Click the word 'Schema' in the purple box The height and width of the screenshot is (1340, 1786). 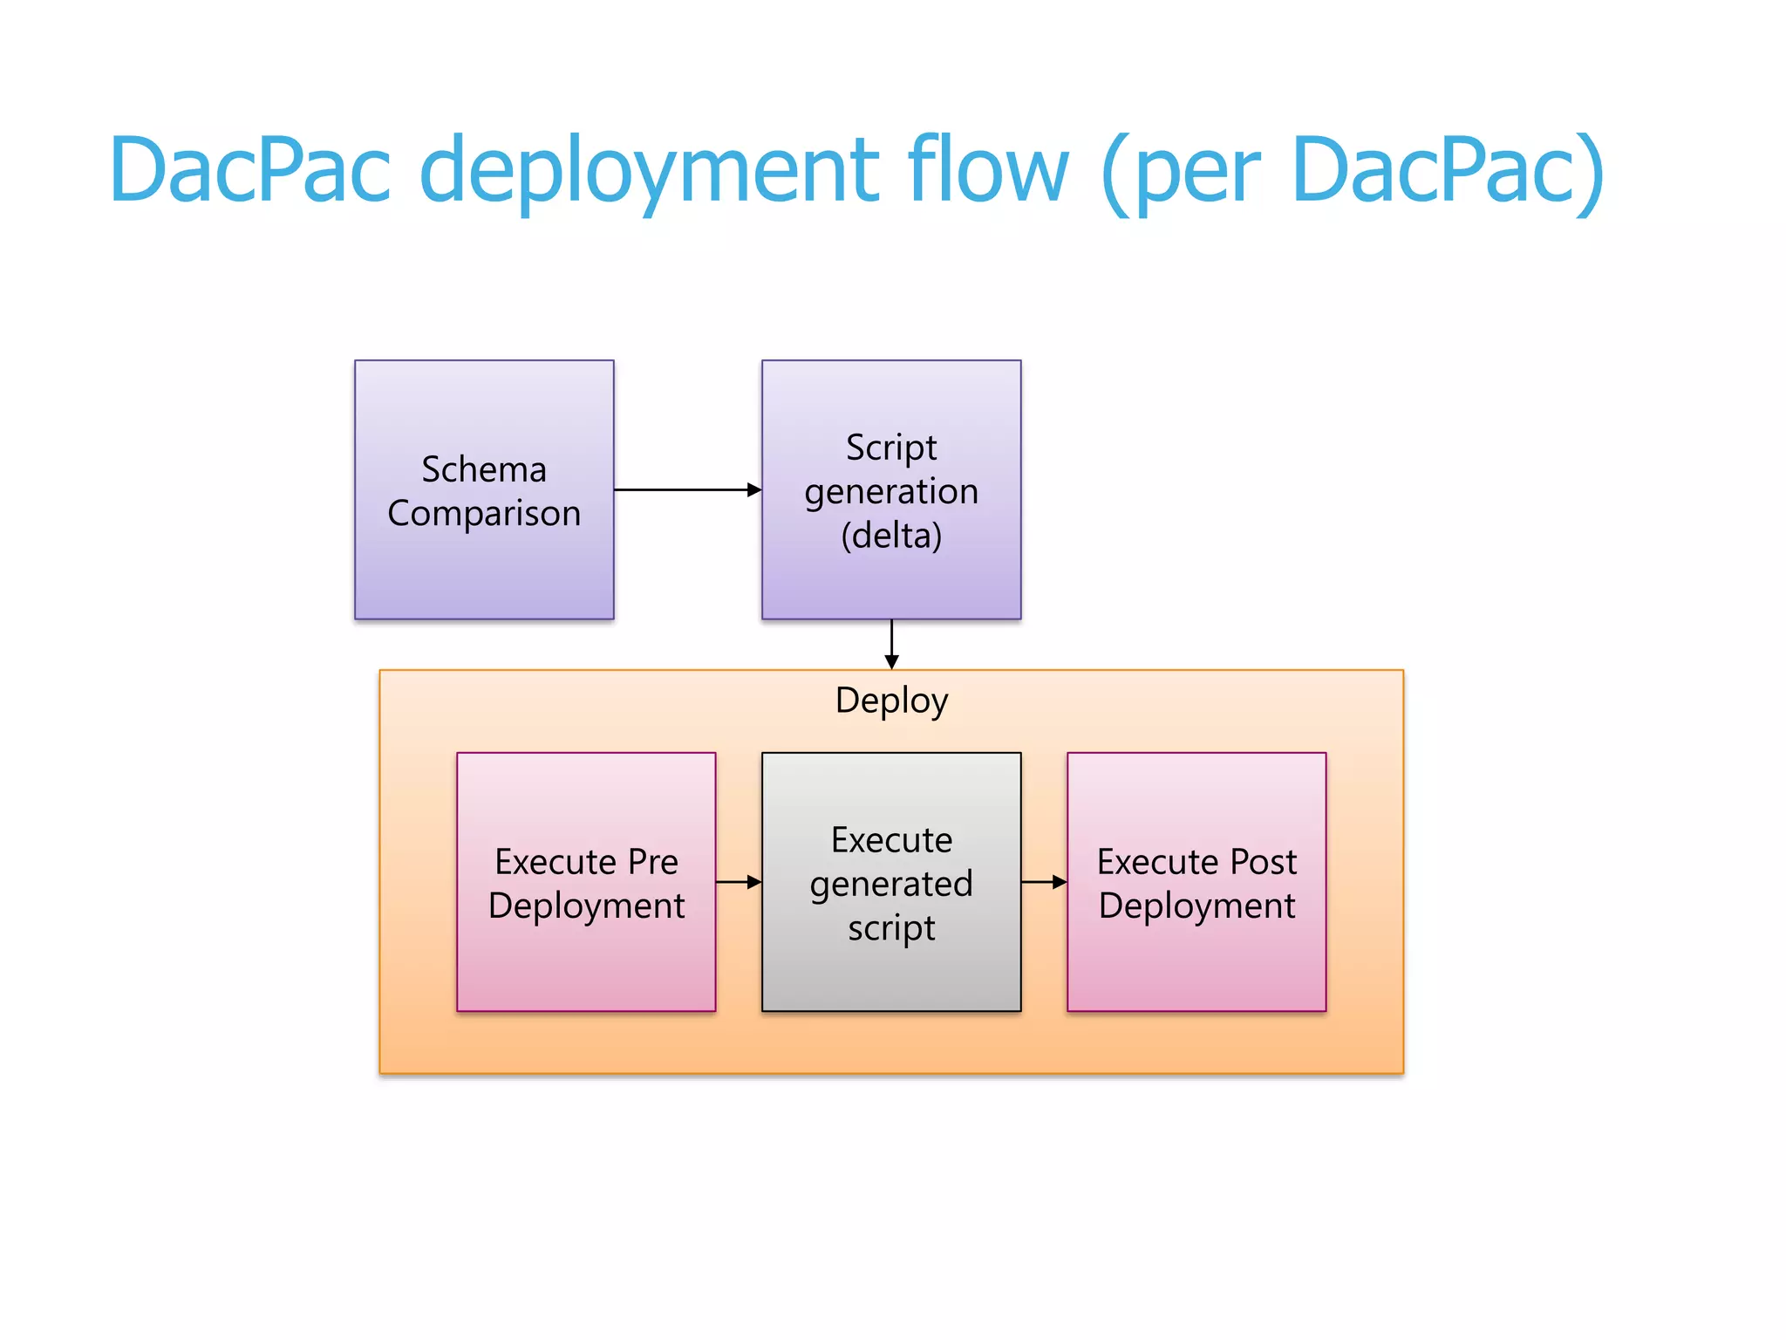coord(484,469)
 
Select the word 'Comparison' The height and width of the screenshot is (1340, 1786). coord(484,514)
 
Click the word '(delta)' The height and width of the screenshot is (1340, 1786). coord(891,536)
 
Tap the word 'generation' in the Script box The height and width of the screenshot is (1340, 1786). coord(891,492)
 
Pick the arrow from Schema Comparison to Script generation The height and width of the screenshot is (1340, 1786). coord(687,490)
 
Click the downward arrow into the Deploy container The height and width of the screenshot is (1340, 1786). coord(891,646)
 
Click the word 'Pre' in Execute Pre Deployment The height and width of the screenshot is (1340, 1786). coord(652,862)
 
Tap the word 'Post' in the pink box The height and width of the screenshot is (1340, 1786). coord(1263,862)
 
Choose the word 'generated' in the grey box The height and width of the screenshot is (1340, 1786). coord(891,885)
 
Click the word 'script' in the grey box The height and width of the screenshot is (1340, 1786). coord(891,928)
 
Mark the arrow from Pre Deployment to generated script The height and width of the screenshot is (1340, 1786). coord(739,882)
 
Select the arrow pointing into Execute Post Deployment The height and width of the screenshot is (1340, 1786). coord(1044,882)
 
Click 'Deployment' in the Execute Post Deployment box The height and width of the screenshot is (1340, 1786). coord(1196,906)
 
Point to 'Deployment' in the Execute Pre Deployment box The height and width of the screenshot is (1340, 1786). coord(586,906)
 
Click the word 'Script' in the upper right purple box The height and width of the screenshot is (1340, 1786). coord(891,448)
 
